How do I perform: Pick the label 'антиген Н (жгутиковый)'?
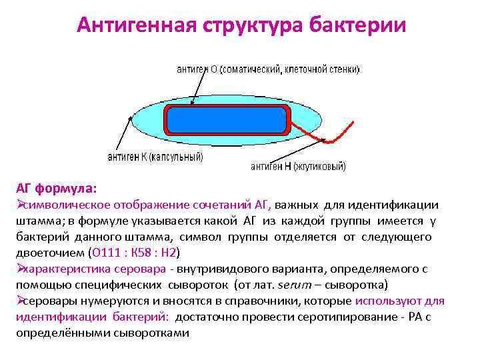click(x=298, y=167)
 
